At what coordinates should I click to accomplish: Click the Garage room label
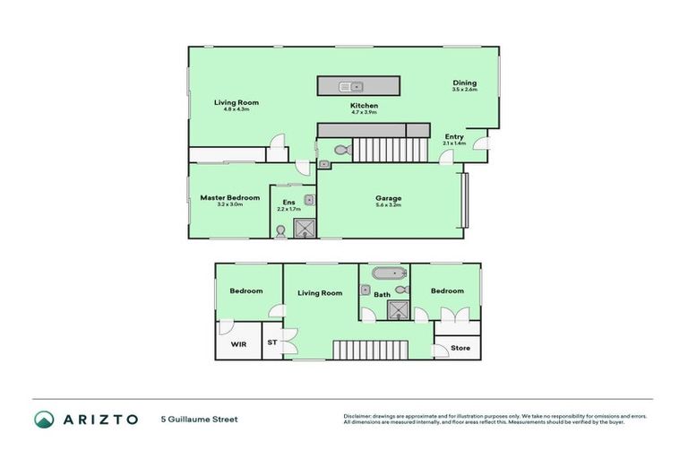[388, 198]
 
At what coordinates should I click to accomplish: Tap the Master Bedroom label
[230, 197]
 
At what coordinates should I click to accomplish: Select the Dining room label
[464, 82]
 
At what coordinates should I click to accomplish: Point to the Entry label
[454, 136]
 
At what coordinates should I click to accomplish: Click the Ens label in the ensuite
[288, 202]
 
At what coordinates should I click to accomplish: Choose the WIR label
[238, 343]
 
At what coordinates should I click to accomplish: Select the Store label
[460, 348]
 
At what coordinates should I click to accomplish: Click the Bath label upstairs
[382, 294]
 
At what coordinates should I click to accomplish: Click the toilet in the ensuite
[280, 230]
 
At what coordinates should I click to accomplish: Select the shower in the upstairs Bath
[397, 309]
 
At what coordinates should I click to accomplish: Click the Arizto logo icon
[44, 419]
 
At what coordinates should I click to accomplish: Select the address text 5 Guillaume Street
[199, 419]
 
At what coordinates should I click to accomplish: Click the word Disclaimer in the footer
[359, 416]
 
